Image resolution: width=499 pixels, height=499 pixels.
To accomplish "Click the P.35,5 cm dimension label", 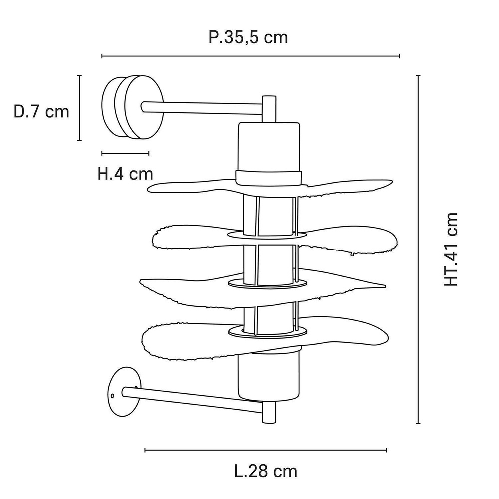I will [248, 37].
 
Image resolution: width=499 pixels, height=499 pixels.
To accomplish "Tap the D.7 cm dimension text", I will [41, 111].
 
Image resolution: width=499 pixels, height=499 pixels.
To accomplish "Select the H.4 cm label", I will [125, 174].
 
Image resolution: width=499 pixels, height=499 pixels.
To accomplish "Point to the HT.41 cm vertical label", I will [451, 249].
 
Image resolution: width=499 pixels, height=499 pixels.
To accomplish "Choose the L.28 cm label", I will [265, 471].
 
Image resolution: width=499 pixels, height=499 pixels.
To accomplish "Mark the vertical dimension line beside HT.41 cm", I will [418, 249].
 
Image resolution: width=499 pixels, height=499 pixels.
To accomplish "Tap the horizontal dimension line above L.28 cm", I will [265, 450].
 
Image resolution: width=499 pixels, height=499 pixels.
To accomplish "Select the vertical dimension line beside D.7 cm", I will [79, 108].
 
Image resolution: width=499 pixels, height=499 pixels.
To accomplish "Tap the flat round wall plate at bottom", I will [122, 392].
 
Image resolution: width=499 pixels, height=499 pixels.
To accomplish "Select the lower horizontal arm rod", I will [200, 402].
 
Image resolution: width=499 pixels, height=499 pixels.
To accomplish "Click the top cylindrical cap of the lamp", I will [269, 147].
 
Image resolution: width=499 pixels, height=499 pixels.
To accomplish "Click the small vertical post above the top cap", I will [269, 108].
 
